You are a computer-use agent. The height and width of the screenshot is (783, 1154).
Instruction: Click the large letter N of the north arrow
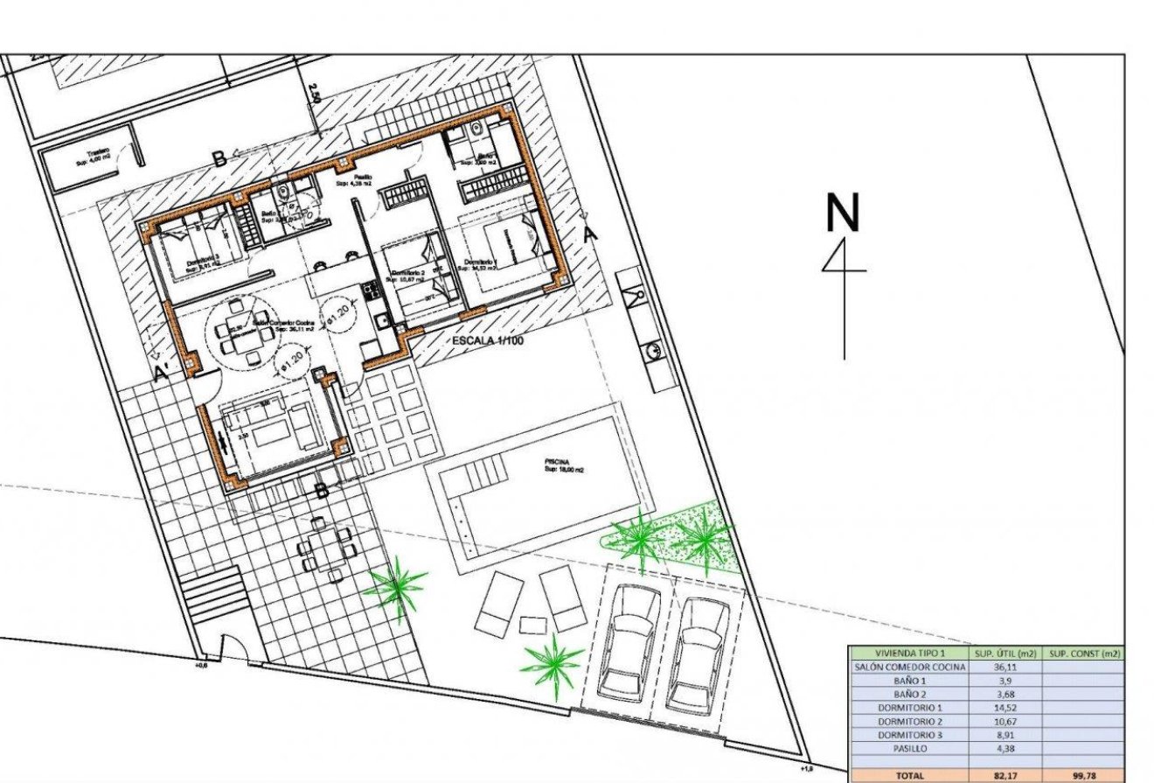click(844, 213)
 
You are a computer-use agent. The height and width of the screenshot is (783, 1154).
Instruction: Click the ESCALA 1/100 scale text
click(487, 340)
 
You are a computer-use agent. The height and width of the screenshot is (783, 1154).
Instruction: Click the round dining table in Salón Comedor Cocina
click(239, 330)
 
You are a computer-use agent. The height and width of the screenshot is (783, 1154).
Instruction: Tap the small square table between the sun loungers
click(532, 625)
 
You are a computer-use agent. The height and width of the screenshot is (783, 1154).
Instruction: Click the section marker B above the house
click(220, 158)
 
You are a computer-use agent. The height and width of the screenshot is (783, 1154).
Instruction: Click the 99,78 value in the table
click(1084, 775)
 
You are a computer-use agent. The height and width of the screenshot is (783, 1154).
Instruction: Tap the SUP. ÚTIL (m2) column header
click(1005, 653)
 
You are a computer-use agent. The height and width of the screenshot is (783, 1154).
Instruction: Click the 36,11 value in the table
click(1005, 667)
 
